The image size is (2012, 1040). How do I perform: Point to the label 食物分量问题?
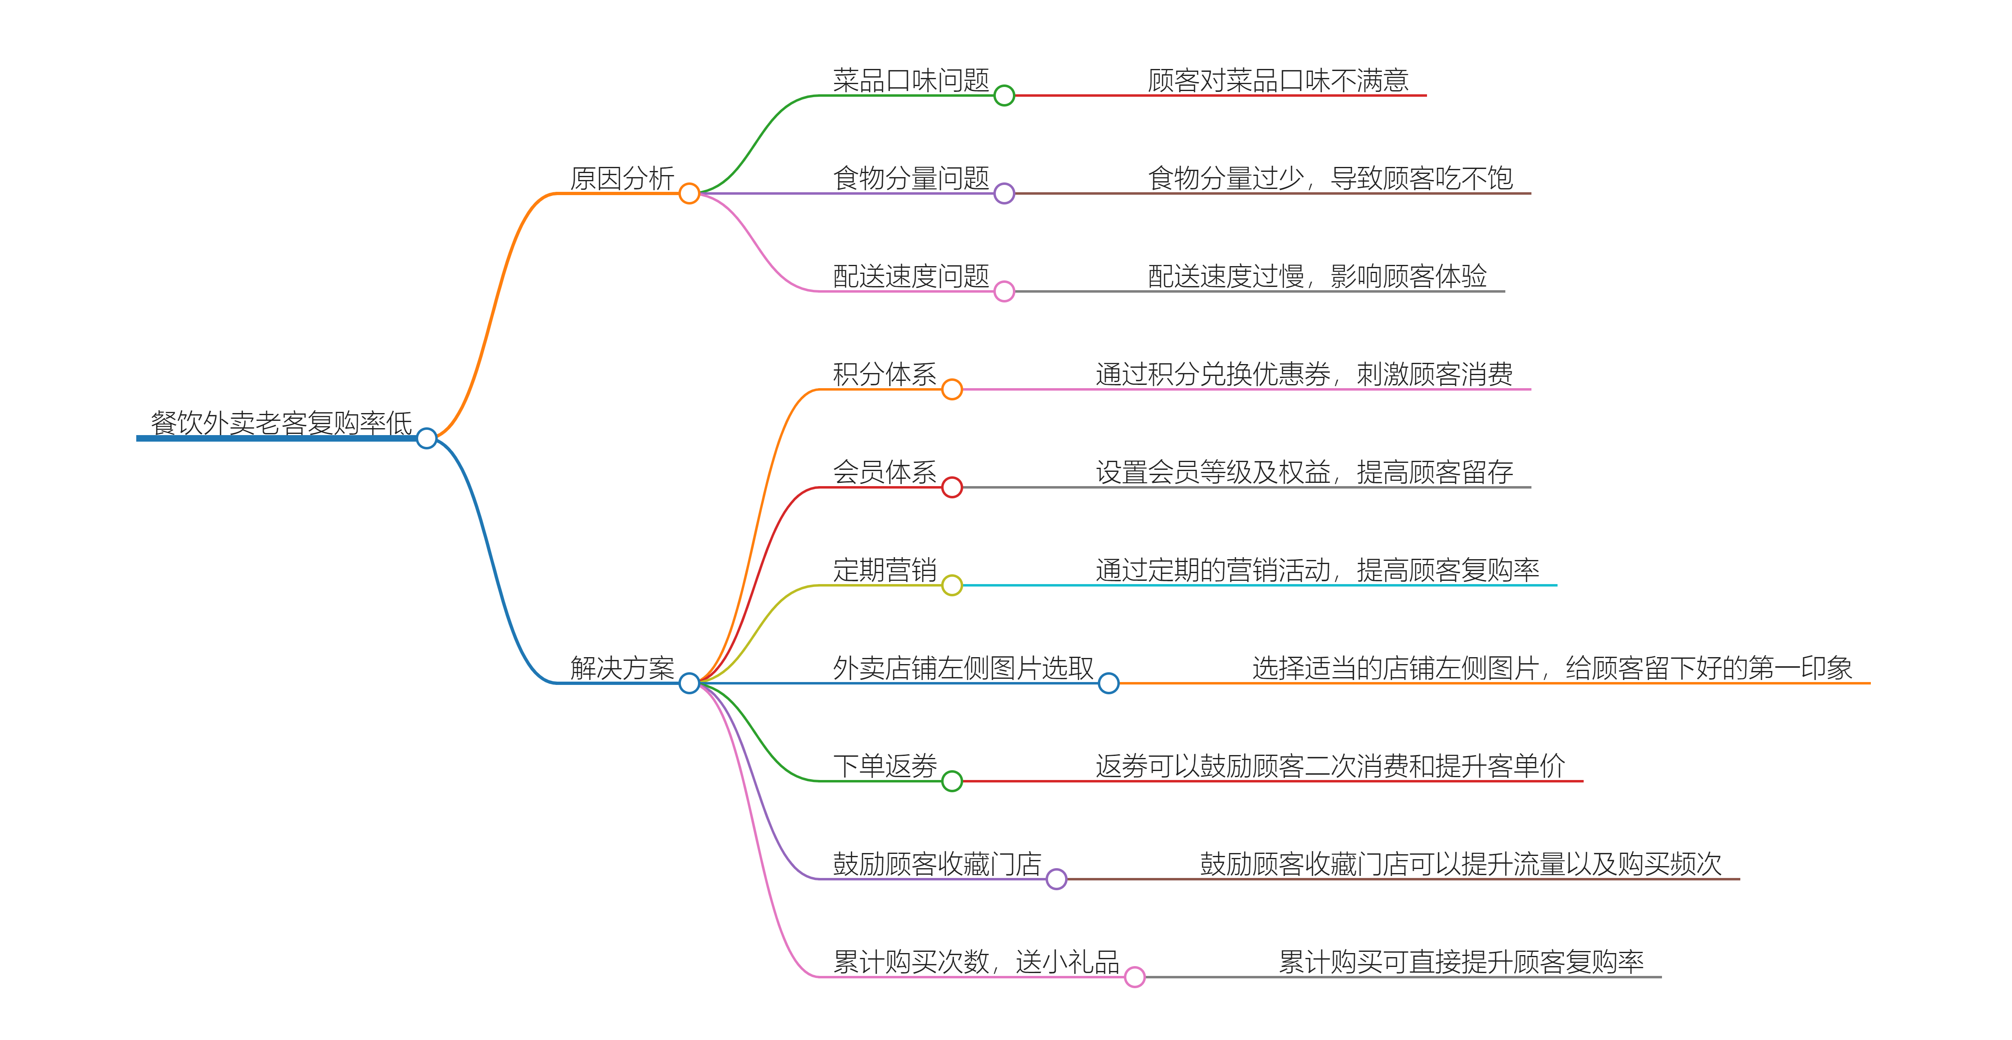pos(911,178)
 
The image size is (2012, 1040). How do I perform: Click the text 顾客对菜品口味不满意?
pos(1278,80)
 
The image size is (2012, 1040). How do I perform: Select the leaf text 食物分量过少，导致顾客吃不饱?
pos(1330,178)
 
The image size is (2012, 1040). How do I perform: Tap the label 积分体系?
pos(884,374)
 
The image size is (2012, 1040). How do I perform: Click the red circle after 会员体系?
pos(951,488)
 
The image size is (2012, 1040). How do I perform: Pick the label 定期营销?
pos(884,570)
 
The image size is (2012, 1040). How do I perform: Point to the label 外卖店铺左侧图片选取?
pos(963,668)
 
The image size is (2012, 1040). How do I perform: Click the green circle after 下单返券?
pos(951,780)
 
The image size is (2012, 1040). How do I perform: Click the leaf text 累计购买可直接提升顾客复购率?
pos(1460,962)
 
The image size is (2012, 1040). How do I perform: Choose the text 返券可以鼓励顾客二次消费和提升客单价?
pos(1330,766)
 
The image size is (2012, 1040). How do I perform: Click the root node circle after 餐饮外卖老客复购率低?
pos(426,438)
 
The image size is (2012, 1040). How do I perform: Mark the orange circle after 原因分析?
pos(689,193)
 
